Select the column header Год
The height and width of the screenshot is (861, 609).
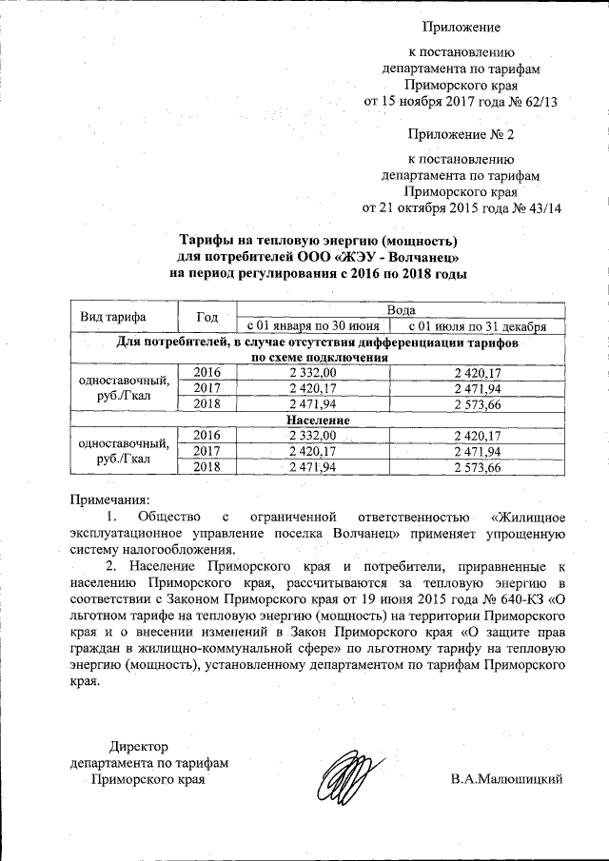207,317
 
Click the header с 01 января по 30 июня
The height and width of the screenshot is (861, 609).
314,326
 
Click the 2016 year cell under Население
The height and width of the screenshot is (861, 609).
206,434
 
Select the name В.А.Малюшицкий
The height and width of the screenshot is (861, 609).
507,779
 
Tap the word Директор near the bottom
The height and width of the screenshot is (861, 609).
139,745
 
